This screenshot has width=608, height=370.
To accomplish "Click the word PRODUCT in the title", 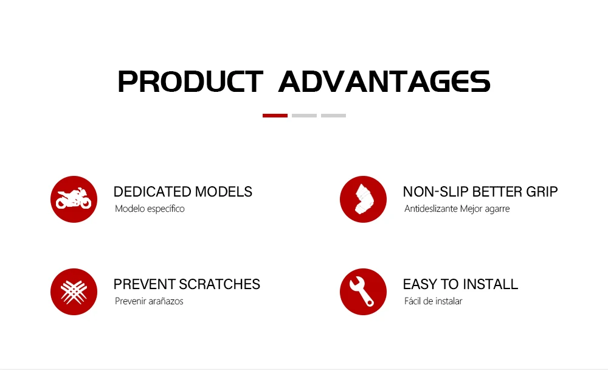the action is tap(190, 82).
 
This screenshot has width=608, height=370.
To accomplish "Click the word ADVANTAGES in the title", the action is tap(385, 82).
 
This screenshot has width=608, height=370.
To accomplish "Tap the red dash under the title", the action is tap(275, 115).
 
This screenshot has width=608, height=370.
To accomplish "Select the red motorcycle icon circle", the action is tap(74, 199).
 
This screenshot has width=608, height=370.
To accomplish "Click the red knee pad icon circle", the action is tap(364, 199).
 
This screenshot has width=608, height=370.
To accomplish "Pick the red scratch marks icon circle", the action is tap(74, 291).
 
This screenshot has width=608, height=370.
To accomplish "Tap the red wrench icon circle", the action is tap(364, 291).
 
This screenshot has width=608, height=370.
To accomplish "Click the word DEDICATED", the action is tap(153, 192).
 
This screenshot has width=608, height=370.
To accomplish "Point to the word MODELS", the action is tap(224, 192).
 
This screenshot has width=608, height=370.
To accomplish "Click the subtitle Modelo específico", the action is tap(150, 209).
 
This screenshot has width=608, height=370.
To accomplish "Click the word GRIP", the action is tap(542, 192).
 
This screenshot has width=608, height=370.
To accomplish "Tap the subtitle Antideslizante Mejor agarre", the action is tap(457, 209).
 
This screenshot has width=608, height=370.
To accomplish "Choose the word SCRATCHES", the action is tap(220, 284).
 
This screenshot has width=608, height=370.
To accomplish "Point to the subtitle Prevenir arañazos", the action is tap(149, 301).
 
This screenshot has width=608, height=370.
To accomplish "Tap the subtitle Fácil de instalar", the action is tap(433, 301).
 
